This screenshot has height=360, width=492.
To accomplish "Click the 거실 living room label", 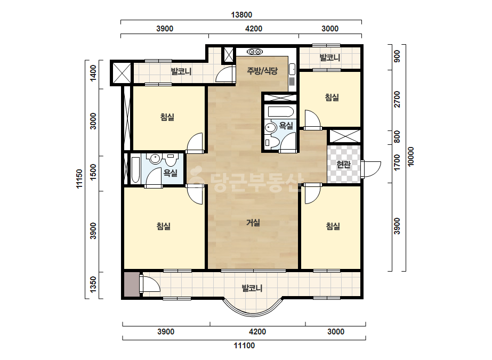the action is click(253, 223).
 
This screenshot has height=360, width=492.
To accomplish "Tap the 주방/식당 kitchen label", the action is click(262, 70).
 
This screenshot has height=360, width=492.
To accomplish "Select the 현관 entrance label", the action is click(343, 164).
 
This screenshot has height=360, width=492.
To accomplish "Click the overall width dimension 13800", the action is click(241, 15).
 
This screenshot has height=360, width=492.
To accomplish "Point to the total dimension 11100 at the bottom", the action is click(244, 346).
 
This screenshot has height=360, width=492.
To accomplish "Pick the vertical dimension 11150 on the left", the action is click(79, 179).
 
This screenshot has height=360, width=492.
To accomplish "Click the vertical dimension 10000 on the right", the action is click(411, 157).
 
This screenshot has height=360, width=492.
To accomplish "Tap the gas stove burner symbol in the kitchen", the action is click(255, 52).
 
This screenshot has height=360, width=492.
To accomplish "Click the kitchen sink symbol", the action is click(292, 69).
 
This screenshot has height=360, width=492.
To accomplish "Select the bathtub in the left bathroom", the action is click(135, 170).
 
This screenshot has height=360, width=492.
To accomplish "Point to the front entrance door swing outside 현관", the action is click(370, 169).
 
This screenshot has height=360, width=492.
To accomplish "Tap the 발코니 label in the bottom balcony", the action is click(252, 288).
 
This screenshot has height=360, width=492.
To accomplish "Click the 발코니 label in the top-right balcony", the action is click(330, 58).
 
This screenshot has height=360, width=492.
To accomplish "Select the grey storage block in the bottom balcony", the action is click(132, 284).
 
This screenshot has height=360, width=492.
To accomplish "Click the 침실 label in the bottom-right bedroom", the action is click(333, 226).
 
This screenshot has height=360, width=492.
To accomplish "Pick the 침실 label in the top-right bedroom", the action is click(332, 97).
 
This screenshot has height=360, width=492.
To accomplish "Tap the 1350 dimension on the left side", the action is click(93, 284).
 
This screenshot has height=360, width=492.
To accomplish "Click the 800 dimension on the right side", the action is click(397, 137).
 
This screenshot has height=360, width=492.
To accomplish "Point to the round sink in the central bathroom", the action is click(270, 127).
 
